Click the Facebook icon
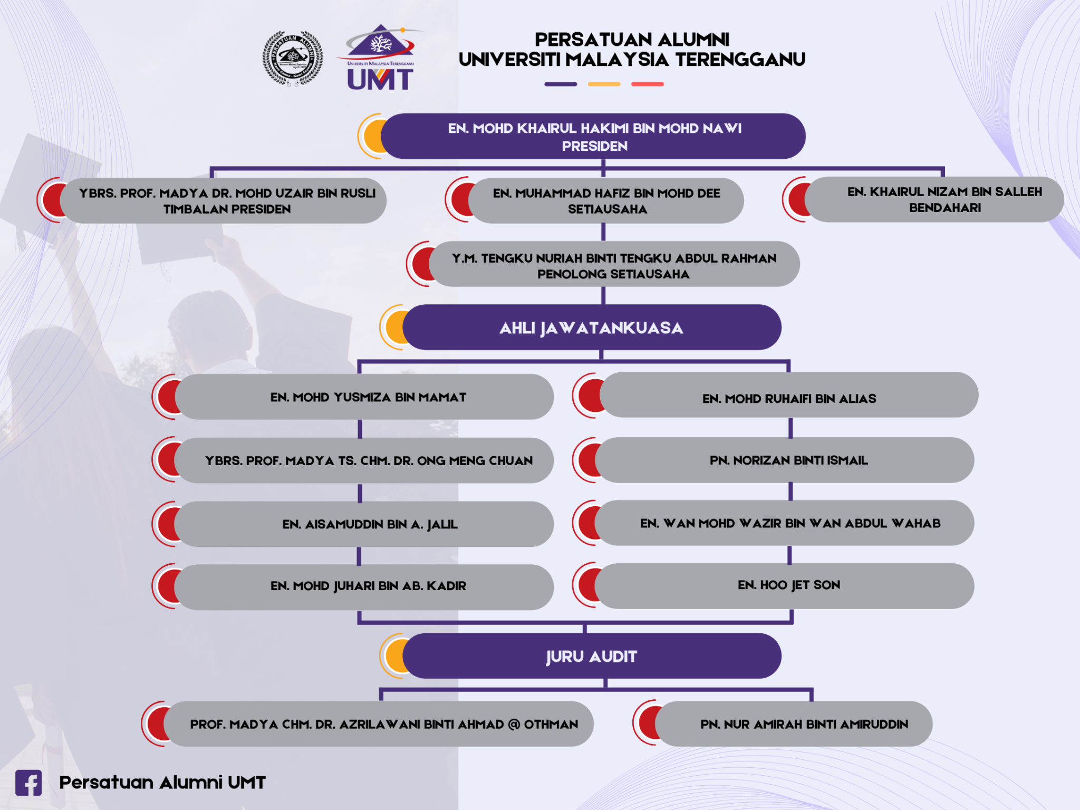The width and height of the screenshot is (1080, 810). pos(28,783)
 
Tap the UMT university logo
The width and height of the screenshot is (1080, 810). pos(380,58)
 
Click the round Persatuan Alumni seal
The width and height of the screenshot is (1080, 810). pos(293,58)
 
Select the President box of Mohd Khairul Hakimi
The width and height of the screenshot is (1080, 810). pos(594,137)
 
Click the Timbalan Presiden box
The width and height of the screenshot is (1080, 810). pos(227,201)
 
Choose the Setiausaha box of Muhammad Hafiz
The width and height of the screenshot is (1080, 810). pos(606,201)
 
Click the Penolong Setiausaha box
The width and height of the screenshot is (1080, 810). pos(614,265)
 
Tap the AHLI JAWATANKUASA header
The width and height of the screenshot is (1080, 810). pos(591,328)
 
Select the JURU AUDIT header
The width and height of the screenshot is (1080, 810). pos(591,657)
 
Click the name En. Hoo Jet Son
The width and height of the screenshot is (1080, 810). pos(788,585)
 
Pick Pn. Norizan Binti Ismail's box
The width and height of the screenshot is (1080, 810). pos(788,460)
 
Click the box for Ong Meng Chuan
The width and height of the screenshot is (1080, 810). pos(368,461)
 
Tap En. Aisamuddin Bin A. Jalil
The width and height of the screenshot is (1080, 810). pos(369,524)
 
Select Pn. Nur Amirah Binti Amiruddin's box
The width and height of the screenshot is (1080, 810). pos(804,724)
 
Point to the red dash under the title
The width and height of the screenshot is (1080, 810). pos(648,84)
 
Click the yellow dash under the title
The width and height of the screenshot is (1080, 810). pos(604,84)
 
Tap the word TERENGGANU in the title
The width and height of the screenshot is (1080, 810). pos(740,60)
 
